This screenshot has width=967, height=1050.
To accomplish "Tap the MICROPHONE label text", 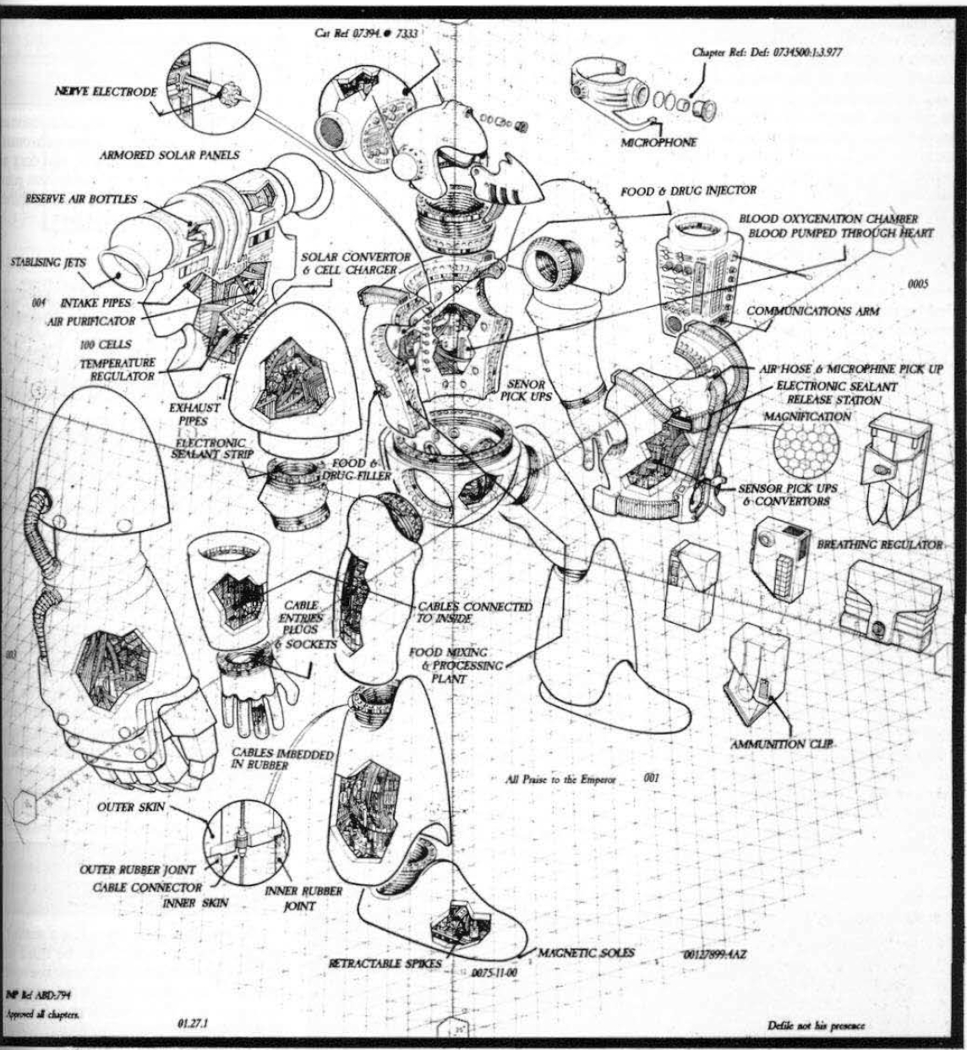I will (x=658, y=143).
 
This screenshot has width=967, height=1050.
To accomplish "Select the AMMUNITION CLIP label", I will (x=781, y=744).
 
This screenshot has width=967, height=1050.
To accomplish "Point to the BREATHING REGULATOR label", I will (x=878, y=545).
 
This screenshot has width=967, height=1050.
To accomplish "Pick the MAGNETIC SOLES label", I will (x=586, y=953).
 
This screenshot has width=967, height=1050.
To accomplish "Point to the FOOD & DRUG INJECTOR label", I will (x=688, y=191).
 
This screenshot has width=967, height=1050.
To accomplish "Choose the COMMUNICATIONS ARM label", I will (x=812, y=311).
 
